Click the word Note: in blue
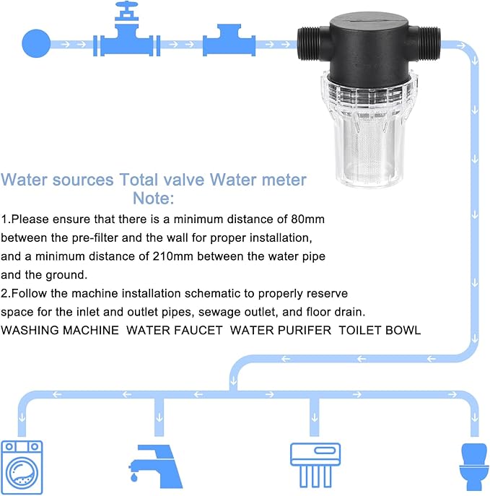coord(153,198)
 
